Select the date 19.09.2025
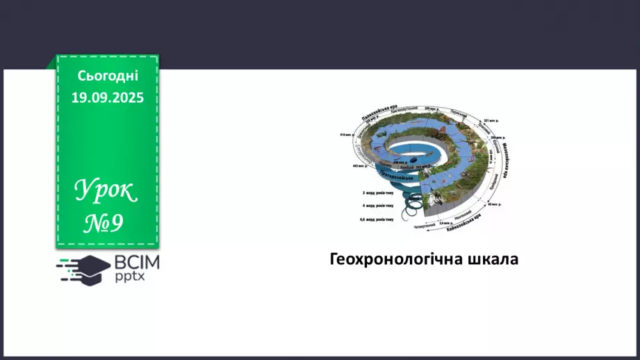tap(108, 98)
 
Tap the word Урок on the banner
tap(106, 190)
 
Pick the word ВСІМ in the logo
tap(136, 263)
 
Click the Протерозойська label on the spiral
tap(397, 174)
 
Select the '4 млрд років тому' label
tap(377, 206)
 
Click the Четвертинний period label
tap(425, 225)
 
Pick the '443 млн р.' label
tap(359, 167)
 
